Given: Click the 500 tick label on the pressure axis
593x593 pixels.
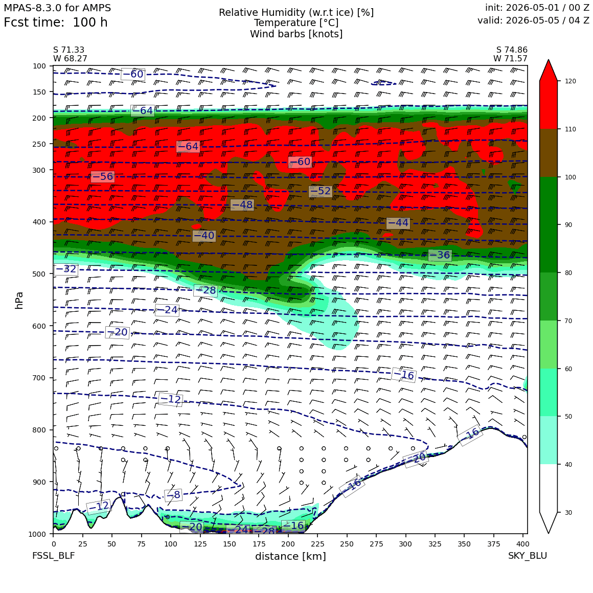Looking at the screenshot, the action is tap(39, 274).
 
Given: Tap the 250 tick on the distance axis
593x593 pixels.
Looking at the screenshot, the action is tap(347, 544).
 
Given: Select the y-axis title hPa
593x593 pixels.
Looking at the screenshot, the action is tap(19, 300).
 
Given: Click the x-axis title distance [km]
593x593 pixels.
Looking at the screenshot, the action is tap(290, 556).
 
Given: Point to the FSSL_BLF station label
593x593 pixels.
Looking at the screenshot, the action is tap(53, 556).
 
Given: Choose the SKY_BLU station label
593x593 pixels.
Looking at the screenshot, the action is tap(527, 556).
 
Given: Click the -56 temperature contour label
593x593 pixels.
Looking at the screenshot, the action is tap(103, 176).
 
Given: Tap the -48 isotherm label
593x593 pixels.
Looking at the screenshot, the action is tap(242, 205).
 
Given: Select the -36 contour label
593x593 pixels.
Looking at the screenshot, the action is tap(440, 255).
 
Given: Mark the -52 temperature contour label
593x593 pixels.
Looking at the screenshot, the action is tap(321, 191).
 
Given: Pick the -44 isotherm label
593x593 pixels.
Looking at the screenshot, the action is tap(398, 223).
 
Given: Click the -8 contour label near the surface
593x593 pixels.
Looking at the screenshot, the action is tap(173, 495).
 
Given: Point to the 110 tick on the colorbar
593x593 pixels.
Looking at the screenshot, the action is tap(571, 129).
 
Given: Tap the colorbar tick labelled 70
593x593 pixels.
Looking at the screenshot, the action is tap(569, 321).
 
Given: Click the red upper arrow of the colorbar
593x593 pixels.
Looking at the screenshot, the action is tap(549, 71).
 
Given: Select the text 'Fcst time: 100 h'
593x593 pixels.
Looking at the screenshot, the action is tap(56, 22).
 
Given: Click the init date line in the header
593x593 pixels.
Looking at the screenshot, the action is tap(537, 8).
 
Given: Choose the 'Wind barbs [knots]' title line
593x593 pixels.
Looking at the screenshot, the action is tap(296, 34).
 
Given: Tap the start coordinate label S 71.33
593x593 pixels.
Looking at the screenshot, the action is tap(69, 50).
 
